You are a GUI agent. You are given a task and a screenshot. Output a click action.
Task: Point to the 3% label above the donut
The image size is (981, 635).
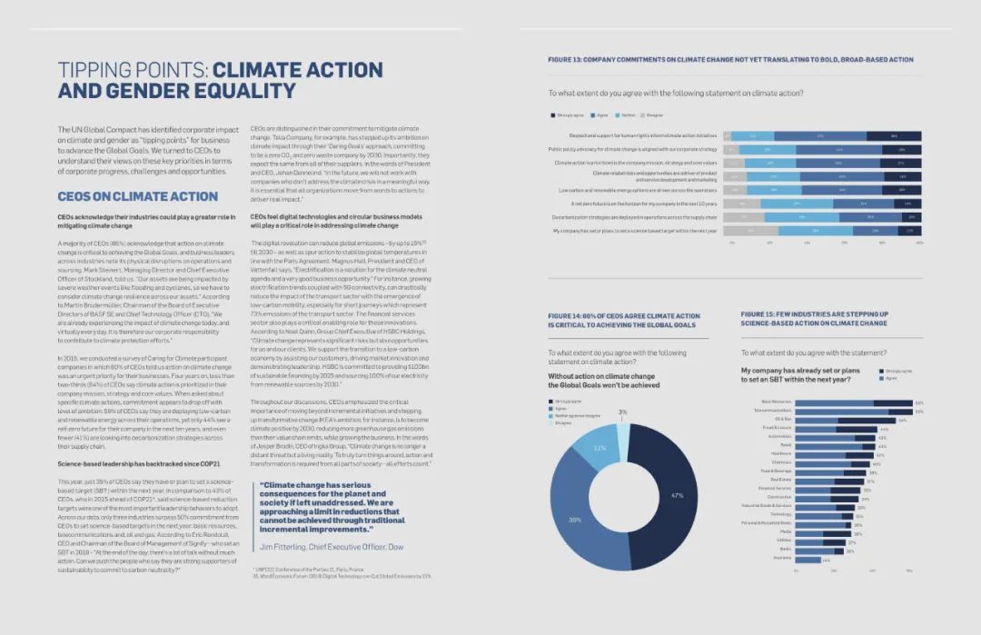tap(622, 412)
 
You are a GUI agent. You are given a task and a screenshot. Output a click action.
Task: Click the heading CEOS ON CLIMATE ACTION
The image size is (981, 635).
tap(138, 196)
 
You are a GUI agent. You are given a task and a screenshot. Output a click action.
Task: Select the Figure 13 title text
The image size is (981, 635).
tap(730, 60)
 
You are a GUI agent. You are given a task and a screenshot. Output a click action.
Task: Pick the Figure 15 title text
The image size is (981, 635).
tap(814, 318)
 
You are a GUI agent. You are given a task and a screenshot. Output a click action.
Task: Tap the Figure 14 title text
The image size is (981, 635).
tap(622, 319)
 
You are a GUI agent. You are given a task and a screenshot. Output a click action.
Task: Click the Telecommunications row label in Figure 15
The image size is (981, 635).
tap(773, 411)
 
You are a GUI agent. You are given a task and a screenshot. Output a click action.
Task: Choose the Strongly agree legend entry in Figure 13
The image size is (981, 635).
tap(569, 115)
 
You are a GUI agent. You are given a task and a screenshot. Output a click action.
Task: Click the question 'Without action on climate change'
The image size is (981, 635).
tap(603, 375)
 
